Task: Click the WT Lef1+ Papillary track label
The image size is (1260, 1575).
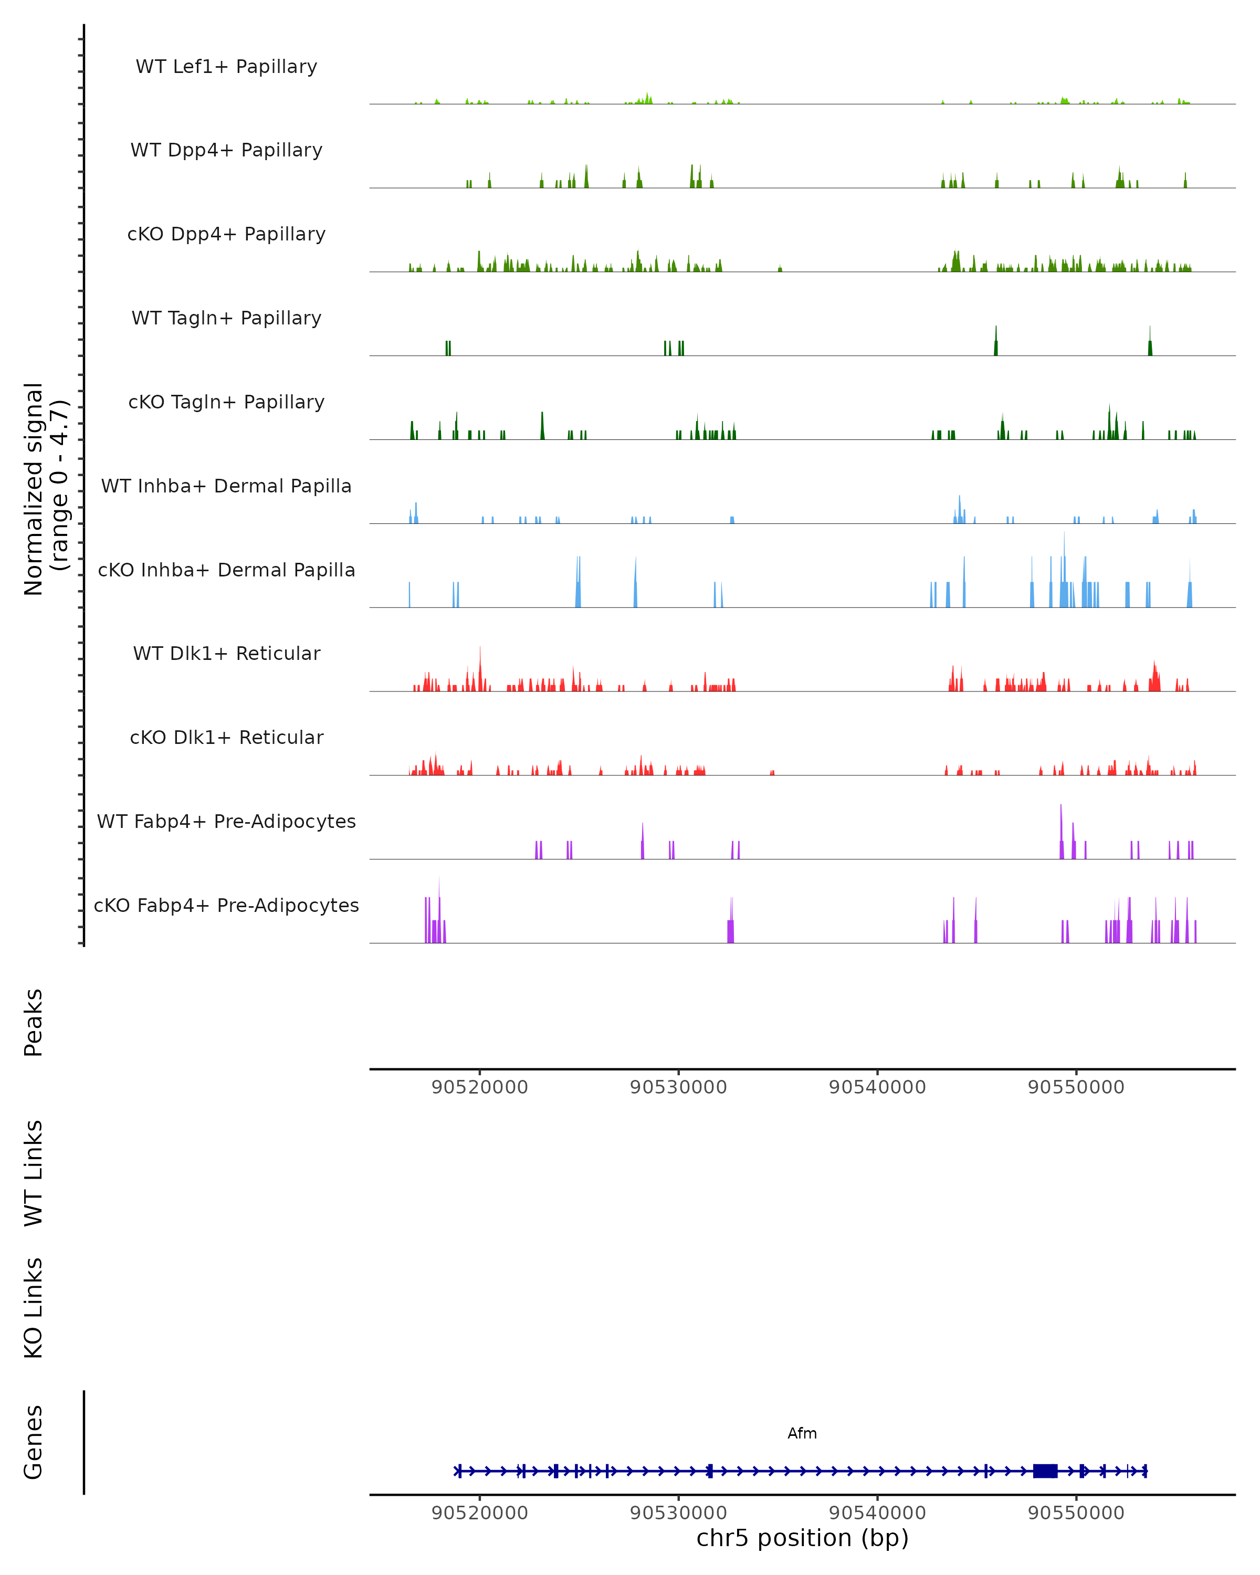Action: point(226,67)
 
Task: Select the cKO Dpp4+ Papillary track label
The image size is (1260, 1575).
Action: point(226,235)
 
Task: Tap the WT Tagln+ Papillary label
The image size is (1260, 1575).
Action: point(226,319)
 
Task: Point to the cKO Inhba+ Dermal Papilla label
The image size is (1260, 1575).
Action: point(226,571)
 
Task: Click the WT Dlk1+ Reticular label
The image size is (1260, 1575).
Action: point(226,654)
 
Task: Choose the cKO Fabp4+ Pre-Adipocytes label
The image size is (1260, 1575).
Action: point(226,906)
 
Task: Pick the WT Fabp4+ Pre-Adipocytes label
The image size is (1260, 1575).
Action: point(226,822)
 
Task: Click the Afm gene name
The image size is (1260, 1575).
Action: point(802,1433)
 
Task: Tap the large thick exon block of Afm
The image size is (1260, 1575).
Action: point(1045,1471)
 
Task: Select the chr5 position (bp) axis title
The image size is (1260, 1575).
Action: point(802,1538)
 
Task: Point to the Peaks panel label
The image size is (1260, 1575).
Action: point(34,1023)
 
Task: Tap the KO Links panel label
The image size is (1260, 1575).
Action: point(34,1308)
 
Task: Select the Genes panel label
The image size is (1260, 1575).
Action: point(34,1442)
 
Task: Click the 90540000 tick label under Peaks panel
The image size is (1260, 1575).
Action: point(877,1087)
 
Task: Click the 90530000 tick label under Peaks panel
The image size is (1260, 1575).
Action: point(679,1087)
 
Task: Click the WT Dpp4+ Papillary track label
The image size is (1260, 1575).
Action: point(226,151)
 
